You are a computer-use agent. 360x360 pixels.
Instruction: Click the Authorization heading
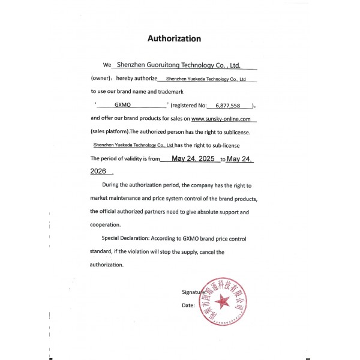tap(174, 38)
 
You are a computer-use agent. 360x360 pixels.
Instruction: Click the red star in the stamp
tap(223, 300)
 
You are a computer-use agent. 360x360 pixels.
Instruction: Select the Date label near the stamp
tap(188, 305)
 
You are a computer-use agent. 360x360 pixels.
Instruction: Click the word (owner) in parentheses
tap(100, 79)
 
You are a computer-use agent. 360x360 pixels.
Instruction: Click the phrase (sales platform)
tap(109, 131)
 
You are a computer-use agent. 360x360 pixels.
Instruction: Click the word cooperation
tap(105, 225)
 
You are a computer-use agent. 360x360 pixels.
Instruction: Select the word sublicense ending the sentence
tap(242, 131)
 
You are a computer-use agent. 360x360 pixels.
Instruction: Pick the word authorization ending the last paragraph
tap(106, 265)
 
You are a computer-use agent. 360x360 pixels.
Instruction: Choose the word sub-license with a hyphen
tap(229, 145)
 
